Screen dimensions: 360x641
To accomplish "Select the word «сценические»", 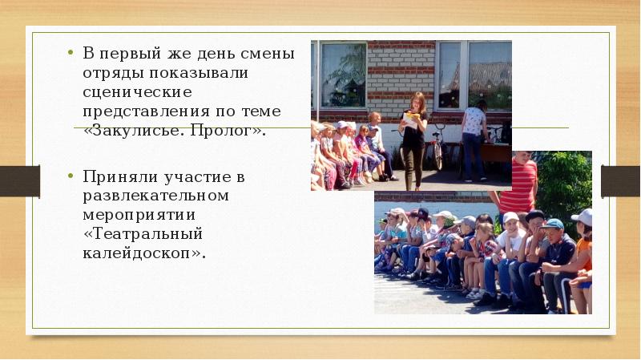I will pyautogui.click(x=135, y=92).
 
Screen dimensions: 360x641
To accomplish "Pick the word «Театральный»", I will pyautogui.click(x=143, y=234).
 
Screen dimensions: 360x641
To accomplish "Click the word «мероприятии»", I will pyautogui.click(x=139, y=215).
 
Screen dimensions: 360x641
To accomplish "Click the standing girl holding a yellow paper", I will pyautogui.click(x=414, y=136).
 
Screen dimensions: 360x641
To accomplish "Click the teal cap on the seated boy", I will pyautogui.click(x=552, y=224).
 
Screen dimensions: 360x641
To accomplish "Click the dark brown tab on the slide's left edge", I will pyautogui.click(x=20, y=180).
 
